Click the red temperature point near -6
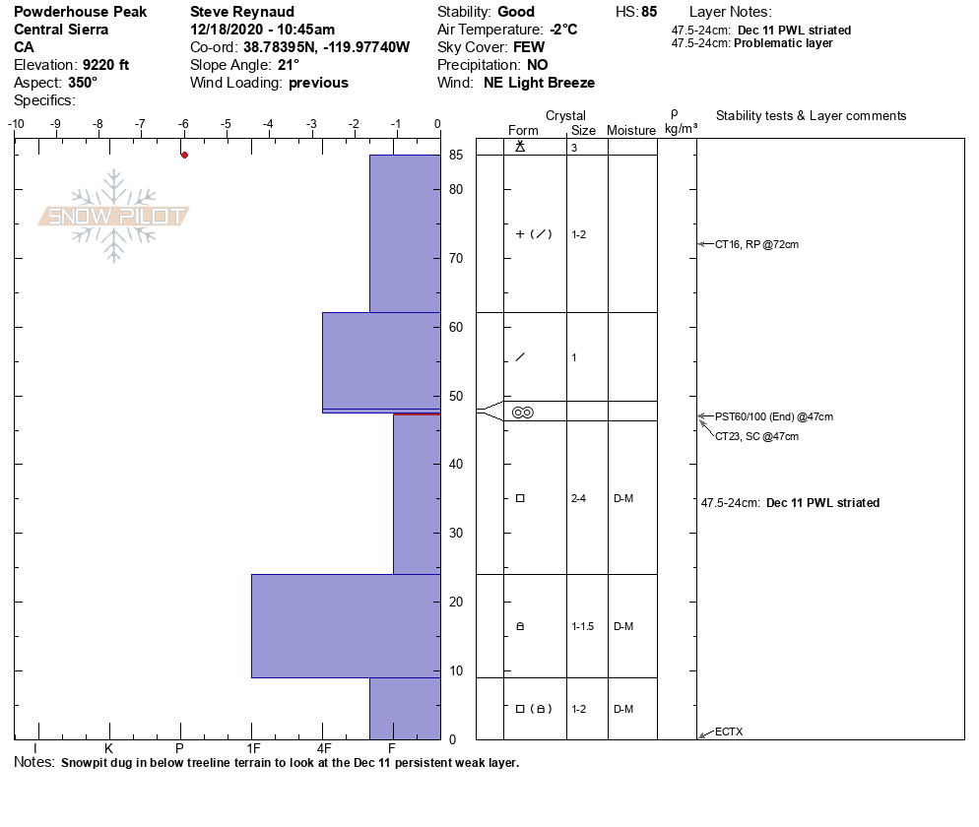[x=184, y=155]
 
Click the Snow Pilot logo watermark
[x=115, y=217]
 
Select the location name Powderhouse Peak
[x=80, y=12]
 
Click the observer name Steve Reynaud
[x=241, y=12]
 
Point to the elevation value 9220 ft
[x=105, y=65]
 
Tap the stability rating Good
[x=516, y=12]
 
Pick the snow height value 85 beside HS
[x=649, y=12]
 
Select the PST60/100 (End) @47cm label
[x=774, y=416]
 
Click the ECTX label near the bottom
[x=729, y=732]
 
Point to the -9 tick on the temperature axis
[x=55, y=124]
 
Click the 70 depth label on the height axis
[x=456, y=259]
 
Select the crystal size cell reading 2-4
[x=578, y=498]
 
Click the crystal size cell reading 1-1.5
[x=582, y=626]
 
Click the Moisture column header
[x=631, y=130]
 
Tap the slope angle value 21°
[x=289, y=65]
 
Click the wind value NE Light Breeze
[x=539, y=83]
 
